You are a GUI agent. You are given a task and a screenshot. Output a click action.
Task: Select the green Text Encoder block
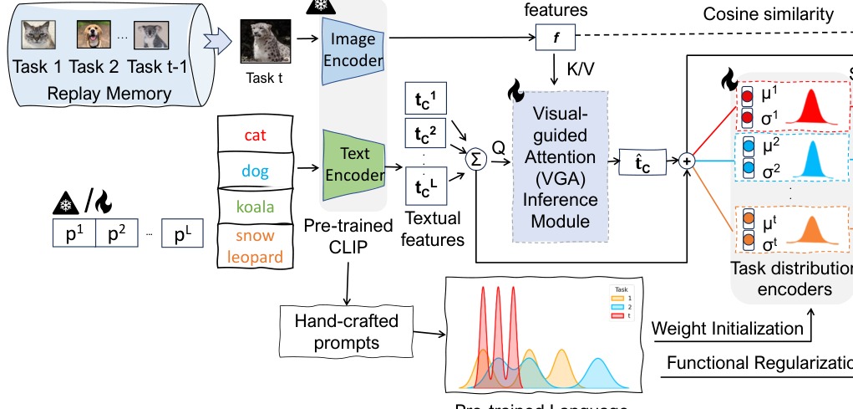pos(353,165)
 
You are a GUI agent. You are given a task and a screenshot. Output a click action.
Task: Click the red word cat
pos(256,134)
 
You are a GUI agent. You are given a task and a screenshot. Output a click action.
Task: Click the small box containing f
pos(551,38)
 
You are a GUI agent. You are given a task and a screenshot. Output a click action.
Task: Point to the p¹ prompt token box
pos(74,233)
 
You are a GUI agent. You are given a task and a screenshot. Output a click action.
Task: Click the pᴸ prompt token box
pos(183,233)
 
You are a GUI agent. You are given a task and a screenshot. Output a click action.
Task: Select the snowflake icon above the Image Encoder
pos(318,5)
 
